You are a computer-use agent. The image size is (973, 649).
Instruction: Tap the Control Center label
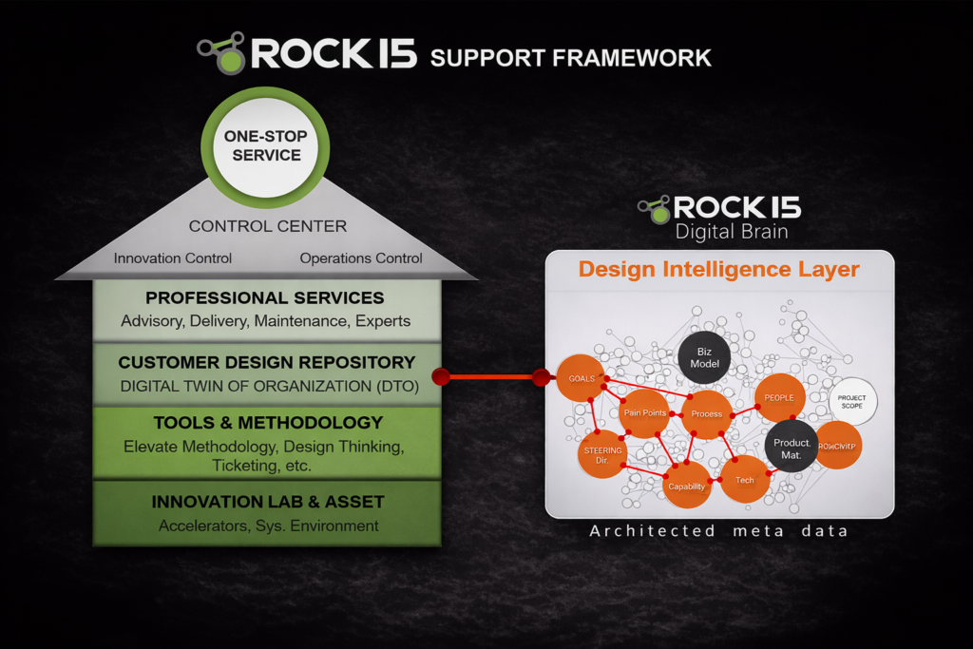pos(268,226)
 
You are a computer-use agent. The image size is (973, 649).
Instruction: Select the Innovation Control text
pos(173,258)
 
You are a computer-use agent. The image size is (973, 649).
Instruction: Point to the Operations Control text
pos(361,258)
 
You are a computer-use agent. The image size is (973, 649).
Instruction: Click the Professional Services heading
pos(265,298)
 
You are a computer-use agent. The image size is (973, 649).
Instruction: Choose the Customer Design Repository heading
pos(267,362)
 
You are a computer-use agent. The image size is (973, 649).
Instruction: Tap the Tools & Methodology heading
pos(268,423)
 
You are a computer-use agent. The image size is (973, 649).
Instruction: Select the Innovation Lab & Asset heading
pos(268,502)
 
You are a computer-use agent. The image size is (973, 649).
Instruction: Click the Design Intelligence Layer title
pos(719,269)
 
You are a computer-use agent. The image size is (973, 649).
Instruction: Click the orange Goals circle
pos(581,378)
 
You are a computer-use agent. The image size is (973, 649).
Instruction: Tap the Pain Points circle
pos(644,413)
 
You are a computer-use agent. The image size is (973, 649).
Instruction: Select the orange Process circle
pos(706,414)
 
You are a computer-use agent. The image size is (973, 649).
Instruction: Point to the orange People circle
pos(779,397)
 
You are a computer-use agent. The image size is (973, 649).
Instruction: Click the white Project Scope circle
pos(852,401)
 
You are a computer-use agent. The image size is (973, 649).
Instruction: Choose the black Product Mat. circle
pos(792,448)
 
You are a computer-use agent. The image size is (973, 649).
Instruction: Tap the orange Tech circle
pos(745,480)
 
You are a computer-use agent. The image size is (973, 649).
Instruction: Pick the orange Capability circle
pos(686,486)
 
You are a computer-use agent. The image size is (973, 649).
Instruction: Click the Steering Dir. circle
pos(602,455)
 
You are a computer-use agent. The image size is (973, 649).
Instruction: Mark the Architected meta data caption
pos(718,531)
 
